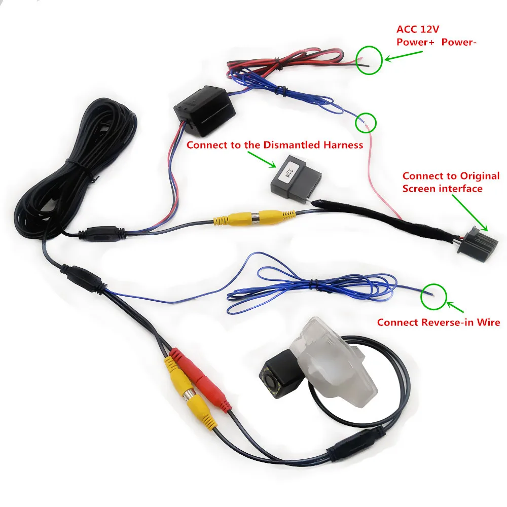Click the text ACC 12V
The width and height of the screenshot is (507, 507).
pyautogui.click(x=418, y=29)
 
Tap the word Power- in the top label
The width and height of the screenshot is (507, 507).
pyautogui.click(x=459, y=42)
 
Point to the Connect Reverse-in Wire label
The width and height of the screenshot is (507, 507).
pyautogui.click(x=439, y=322)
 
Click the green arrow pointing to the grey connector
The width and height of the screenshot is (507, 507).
pyautogui.click(x=262, y=159)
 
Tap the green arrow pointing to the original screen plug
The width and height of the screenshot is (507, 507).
pyautogui.click(x=470, y=212)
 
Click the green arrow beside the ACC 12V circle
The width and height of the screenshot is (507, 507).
pyautogui.click(x=403, y=55)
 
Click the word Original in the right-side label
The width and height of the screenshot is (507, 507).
pyautogui.click(x=480, y=176)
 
